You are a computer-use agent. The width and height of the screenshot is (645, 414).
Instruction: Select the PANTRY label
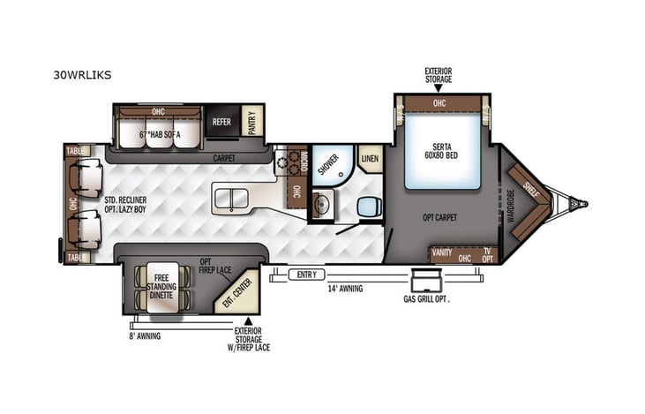[x=252, y=121]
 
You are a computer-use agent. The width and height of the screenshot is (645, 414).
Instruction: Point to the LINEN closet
[x=370, y=157]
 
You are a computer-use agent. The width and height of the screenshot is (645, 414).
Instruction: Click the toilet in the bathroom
[x=368, y=207]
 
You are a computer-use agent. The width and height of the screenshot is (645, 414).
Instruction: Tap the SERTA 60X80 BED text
[x=442, y=151]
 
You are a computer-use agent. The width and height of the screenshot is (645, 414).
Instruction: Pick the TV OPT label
[x=488, y=253]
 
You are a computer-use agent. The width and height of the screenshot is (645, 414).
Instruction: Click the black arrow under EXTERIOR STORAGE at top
[x=439, y=88]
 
